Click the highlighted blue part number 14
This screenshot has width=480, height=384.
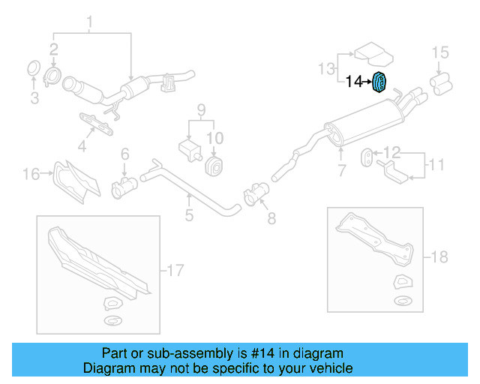click(379, 80)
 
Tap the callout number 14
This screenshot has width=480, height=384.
click(353, 80)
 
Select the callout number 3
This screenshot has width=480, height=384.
click(34, 97)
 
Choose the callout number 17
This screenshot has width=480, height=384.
click(174, 269)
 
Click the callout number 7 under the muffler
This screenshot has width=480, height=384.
click(342, 170)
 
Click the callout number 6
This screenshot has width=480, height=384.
click(124, 154)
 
